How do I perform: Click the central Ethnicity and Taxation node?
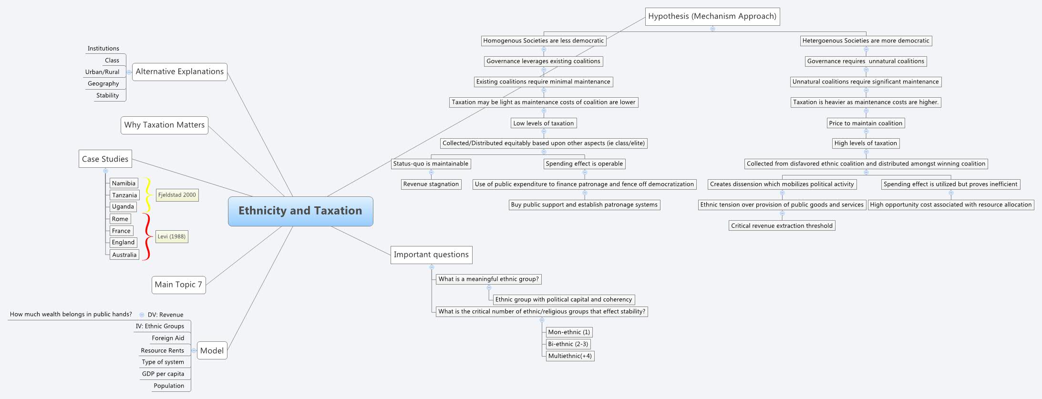tap(300, 211)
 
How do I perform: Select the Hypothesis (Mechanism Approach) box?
tap(712, 16)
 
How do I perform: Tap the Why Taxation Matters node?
tap(164, 125)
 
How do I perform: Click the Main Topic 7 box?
tap(178, 285)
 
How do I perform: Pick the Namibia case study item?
tap(124, 183)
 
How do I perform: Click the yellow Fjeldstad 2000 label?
tap(177, 195)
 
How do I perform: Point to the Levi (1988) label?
tap(172, 236)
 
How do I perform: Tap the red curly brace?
tap(147, 236)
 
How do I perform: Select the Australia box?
tap(124, 255)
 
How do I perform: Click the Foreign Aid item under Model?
tap(167, 338)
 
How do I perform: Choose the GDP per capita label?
tap(163, 374)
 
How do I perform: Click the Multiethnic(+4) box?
tap(570, 356)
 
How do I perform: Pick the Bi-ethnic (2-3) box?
tap(568, 344)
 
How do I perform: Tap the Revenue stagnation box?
tap(431, 184)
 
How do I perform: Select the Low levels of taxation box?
tap(543, 123)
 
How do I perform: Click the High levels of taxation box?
tap(866, 143)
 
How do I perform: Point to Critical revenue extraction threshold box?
tap(782, 225)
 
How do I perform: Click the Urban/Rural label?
tap(102, 72)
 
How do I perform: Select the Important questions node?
tap(431, 255)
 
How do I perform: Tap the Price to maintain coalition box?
tap(866, 123)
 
